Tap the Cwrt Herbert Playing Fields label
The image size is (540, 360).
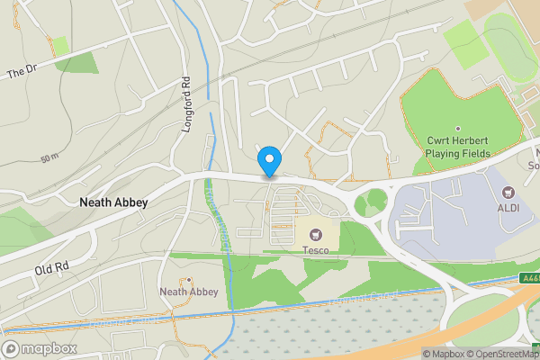[x=457, y=148]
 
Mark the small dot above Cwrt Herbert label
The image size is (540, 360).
[x=457, y=130]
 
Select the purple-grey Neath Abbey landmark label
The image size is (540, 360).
[x=188, y=292]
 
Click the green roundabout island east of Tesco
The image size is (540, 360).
[x=370, y=203]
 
